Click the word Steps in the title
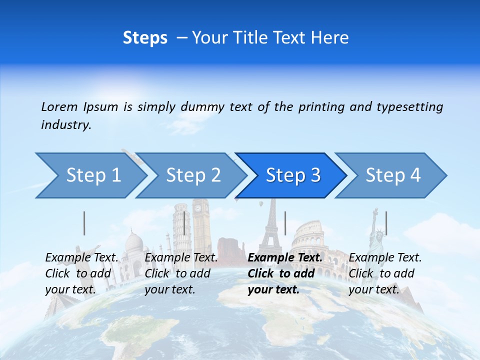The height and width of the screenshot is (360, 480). [145, 38]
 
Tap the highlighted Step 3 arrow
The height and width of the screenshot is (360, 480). [293, 175]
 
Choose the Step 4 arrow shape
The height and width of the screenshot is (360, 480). [393, 175]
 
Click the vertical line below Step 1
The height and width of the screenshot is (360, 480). [84, 223]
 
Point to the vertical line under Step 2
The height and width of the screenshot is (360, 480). [184, 223]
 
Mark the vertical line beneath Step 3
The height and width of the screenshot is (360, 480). [285, 223]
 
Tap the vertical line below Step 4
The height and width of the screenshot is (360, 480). [386, 223]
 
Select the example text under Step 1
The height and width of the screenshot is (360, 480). [82, 273]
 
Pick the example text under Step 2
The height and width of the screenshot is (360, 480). [181, 273]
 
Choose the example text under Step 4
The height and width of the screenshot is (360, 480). [385, 273]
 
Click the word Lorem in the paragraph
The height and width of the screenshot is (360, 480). [59, 107]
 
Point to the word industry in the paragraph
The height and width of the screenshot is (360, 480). [65, 125]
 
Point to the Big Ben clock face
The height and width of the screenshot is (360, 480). [199, 207]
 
